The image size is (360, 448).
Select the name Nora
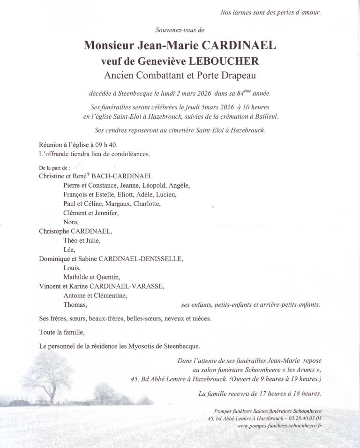tap(70, 222)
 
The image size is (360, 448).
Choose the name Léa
tap(69, 250)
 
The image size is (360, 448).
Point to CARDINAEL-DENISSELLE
tap(145, 259)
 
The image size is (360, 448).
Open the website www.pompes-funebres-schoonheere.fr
tap(280, 426)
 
